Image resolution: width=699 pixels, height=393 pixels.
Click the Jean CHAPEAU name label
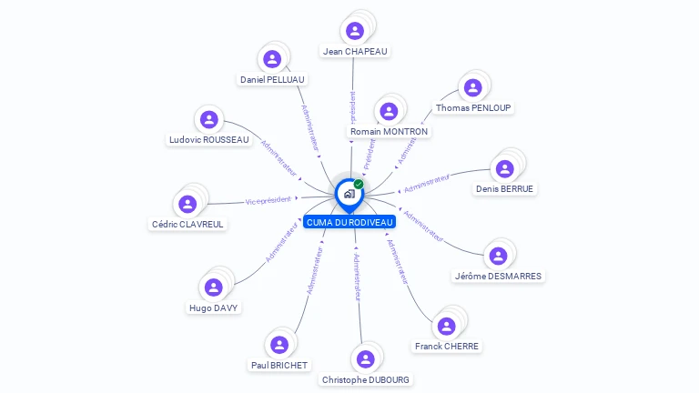[x=356, y=52]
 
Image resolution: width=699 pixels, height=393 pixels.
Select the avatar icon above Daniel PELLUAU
[x=272, y=59]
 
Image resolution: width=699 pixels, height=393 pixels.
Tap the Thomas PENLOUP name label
[x=473, y=107]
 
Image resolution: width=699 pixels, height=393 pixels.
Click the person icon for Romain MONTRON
[x=389, y=111]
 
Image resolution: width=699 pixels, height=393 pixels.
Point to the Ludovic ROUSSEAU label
[x=209, y=140]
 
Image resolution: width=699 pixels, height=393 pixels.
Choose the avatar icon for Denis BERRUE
[x=504, y=168]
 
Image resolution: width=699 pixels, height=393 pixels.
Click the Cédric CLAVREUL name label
[x=187, y=224]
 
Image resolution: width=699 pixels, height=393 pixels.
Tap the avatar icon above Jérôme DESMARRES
[x=497, y=256]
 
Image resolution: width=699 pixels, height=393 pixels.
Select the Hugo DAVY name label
[x=213, y=308]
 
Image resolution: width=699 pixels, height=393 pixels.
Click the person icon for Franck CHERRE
[x=446, y=326]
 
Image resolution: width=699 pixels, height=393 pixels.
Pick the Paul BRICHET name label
[x=279, y=365]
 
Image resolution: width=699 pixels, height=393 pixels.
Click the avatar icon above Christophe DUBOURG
[x=365, y=358]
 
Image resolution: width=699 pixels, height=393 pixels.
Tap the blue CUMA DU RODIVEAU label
[x=350, y=222]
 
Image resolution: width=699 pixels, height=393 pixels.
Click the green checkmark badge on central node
[x=359, y=185]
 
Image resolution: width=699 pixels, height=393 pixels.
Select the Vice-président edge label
[x=268, y=200]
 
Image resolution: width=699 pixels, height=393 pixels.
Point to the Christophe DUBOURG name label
[x=366, y=379]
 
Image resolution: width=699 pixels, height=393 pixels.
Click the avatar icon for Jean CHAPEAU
[x=356, y=31]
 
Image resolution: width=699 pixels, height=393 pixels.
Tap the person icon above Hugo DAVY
[x=213, y=287]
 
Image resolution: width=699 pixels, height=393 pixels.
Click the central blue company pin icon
[x=348, y=194]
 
